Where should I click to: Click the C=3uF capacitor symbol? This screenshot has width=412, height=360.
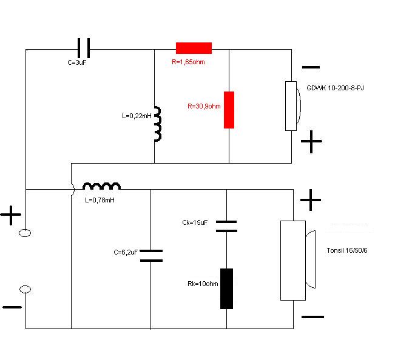click(84, 48)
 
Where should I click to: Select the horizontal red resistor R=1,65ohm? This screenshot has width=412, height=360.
click(194, 48)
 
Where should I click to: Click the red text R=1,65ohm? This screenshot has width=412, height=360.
click(189, 61)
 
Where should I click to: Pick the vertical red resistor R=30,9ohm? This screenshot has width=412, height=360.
click(229, 110)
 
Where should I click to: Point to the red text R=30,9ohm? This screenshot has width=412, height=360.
click(204, 106)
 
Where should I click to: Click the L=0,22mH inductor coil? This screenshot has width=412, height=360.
click(157, 124)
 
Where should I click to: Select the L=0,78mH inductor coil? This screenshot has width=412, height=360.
click(101, 186)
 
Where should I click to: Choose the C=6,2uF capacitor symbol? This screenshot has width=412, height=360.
click(151, 255)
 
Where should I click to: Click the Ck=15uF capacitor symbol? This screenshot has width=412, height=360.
click(226, 226)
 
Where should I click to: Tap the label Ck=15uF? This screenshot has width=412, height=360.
click(195, 223)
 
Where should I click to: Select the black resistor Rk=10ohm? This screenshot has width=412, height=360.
click(226, 288)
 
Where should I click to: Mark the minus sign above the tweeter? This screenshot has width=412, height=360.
click(311, 68)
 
